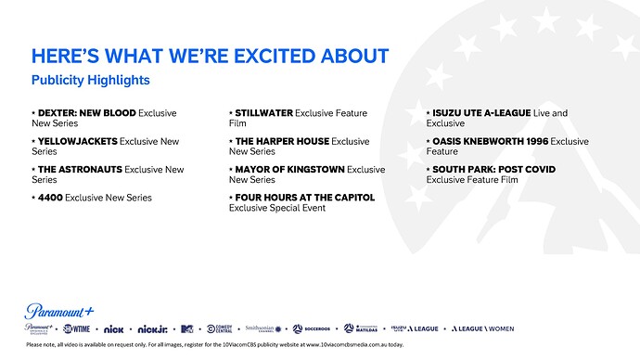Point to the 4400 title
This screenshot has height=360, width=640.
click(50, 198)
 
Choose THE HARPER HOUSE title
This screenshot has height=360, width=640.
click(281, 141)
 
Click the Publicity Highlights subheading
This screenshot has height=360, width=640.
click(90, 81)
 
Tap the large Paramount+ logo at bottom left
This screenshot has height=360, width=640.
click(59, 310)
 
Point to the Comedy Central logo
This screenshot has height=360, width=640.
click(220, 328)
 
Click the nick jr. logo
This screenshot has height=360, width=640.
click(151, 328)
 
